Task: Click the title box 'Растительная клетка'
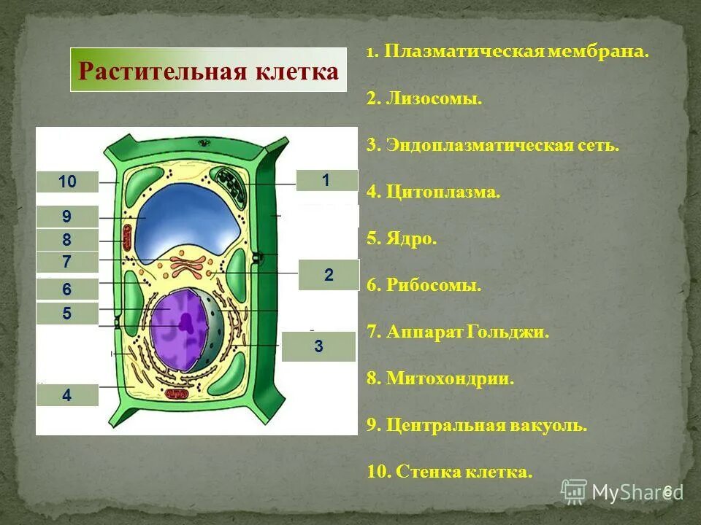(x=208, y=71)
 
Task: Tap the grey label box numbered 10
(x=67, y=182)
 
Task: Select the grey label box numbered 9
(x=67, y=217)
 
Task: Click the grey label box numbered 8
(x=67, y=240)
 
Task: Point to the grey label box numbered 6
(x=67, y=289)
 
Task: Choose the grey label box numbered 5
(x=67, y=314)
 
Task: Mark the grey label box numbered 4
(x=67, y=395)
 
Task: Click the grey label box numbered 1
(x=326, y=180)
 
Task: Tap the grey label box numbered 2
(x=329, y=275)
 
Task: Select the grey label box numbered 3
(x=318, y=347)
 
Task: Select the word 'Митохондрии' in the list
(x=451, y=379)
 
